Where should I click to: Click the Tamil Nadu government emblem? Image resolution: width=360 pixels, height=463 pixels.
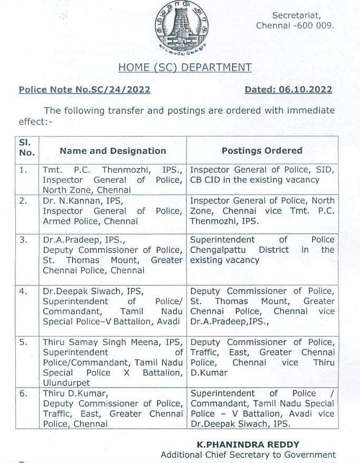tap(181, 27)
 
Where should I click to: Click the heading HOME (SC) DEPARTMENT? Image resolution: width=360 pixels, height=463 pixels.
tap(184, 67)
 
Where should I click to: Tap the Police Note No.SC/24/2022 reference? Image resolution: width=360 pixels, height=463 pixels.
tap(84, 90)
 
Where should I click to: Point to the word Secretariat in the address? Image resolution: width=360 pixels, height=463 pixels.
tap(304, 16)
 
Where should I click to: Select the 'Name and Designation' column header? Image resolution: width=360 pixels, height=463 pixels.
tap(113, 151)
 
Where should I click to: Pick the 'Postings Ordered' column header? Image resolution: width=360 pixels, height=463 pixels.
tap(262, 151)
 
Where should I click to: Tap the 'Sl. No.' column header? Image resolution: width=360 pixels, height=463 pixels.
tap(26, 148)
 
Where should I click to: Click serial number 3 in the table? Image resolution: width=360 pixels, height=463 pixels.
tap(23, 239)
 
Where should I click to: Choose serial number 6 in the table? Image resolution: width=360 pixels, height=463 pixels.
tap(23, 394)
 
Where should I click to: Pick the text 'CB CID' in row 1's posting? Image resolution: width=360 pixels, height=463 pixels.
tap(206, 180)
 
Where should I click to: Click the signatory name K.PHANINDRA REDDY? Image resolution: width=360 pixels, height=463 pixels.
tap(248, 445)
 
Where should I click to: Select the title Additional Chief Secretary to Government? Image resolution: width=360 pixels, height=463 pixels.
tap(248, 455)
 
